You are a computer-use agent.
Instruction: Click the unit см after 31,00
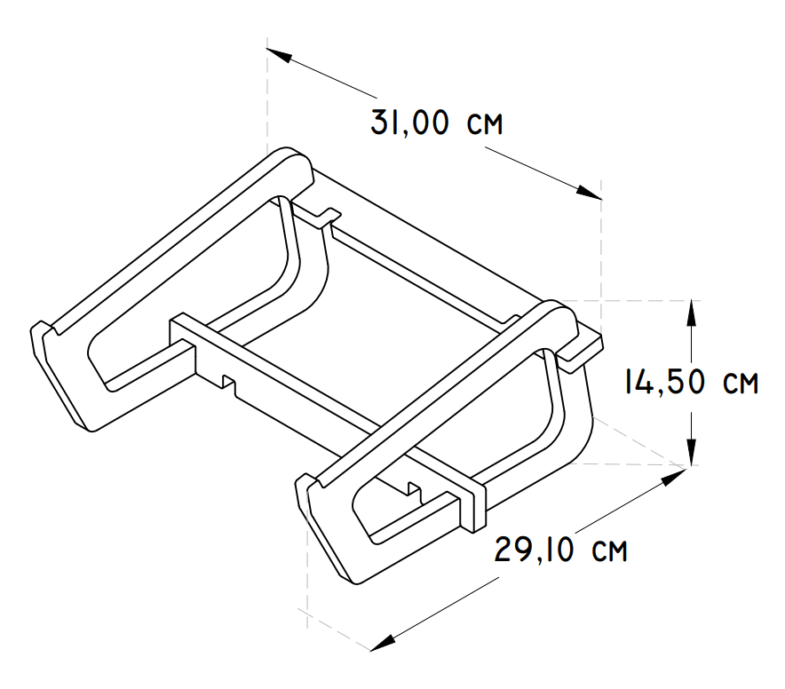tap(483, 124)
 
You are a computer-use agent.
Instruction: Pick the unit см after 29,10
tap(607, 551)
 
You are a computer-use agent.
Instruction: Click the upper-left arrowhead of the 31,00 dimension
tap(279, 52)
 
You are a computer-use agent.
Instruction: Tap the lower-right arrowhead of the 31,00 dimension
tap(590, 193)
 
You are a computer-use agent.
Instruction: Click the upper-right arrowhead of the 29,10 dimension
tap(674, 476)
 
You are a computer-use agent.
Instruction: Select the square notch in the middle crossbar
tap(228, 383)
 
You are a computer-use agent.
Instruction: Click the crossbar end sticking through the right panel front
tap(475, 503)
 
